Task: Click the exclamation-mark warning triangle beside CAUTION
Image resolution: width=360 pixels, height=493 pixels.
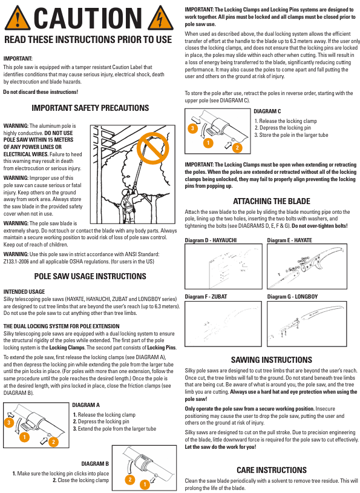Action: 18,18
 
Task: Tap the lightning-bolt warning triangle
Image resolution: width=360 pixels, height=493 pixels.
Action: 160,18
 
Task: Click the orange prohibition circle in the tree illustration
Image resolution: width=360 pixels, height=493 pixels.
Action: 153,148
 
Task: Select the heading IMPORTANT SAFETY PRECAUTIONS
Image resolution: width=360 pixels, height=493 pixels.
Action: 90,108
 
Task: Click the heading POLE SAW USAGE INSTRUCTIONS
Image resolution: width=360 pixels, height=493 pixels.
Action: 90,276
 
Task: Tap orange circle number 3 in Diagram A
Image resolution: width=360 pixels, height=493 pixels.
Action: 9,423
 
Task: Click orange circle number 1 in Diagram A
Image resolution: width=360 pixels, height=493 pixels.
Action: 24,437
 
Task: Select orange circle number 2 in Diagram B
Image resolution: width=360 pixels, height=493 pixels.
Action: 130,480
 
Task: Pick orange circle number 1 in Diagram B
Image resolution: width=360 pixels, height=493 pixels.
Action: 145,484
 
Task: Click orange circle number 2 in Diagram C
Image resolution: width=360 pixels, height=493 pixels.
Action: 237,147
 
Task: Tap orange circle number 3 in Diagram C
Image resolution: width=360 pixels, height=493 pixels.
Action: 192,128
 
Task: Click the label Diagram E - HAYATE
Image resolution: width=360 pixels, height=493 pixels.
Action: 290,240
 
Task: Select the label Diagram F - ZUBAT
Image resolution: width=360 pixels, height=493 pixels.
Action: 206,297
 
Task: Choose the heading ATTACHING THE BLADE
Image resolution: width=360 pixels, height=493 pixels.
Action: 272,201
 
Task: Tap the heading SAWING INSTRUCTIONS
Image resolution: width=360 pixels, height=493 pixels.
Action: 272,360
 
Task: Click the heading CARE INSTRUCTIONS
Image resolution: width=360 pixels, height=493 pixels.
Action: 272,470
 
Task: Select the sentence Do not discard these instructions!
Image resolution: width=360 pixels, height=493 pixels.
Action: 41,92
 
